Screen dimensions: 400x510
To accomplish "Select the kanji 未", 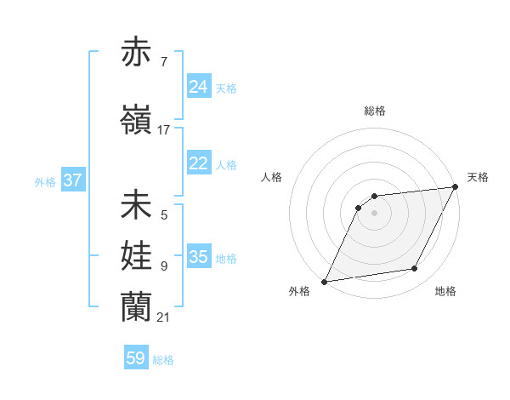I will (139, 205).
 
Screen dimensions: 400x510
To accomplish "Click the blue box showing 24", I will (199, 87).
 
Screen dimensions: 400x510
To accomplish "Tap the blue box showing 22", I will (199, 163).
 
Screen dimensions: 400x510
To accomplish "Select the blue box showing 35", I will (199, 257).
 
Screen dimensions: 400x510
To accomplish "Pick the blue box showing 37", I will (73, 180).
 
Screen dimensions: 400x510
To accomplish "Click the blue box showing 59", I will (136, 358).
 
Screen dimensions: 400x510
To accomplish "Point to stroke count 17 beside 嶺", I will (164, 129).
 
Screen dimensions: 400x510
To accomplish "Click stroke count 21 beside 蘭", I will (164, 317).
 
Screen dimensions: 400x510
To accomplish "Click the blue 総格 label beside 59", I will (164, 360).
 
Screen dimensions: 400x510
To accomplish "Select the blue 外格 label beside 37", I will (45, 181).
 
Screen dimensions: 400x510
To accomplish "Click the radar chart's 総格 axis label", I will (374, 111).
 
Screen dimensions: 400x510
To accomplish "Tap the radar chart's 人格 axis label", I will (272, 177).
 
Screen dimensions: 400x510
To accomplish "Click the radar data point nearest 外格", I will (324, 281).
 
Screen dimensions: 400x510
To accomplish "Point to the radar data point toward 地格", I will (415, 269).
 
